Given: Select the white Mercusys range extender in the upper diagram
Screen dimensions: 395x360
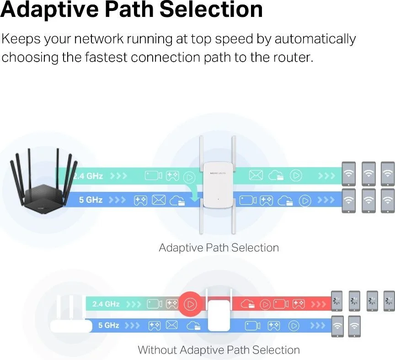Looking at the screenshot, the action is pos(218,185).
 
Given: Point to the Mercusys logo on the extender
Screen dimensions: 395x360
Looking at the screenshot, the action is pos(218,173).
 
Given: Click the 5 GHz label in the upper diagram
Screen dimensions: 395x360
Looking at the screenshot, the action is pos(91,200).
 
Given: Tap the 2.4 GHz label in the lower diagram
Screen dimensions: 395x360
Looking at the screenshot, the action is pos(106,304).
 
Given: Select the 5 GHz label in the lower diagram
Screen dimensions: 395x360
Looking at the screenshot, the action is pos(108,325).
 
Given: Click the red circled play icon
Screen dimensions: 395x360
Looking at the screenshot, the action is pos(191,304).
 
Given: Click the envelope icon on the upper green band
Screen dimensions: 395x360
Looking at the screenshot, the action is pos(256,175).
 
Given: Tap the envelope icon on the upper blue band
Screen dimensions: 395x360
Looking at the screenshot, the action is pos(159,200).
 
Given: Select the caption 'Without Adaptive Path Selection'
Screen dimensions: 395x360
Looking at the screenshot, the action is pos(219,350).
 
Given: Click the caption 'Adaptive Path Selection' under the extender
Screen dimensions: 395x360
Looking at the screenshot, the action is pos(219,248).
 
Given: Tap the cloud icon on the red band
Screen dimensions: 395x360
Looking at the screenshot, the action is pos(248,304).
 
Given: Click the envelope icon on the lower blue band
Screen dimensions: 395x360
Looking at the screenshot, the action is pos(171,325).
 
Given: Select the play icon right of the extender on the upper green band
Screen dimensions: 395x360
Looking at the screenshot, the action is pos(296,175).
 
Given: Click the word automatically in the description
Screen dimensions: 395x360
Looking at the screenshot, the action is pos(315,39).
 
